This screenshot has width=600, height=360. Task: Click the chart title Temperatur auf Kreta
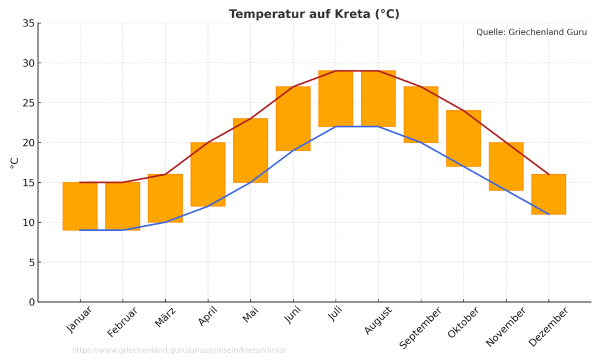coord(314,14)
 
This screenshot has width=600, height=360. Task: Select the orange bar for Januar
coord(80,206)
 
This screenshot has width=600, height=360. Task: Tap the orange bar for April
coord(208,174)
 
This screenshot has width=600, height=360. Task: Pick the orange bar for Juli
coord(336,99)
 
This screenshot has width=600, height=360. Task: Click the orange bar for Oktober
coord(463,138)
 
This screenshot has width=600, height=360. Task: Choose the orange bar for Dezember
coord(548,194)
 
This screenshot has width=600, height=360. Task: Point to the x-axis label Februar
coord(122,322)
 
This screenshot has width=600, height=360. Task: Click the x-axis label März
coord(166,318)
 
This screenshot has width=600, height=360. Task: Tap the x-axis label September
coord(420,328)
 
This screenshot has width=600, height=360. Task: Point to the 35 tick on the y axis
coord(29,23)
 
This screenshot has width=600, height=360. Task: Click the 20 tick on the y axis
coord(29,142)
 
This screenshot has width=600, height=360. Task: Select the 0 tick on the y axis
coord(32,302)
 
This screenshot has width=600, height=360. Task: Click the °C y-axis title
coord(15,162)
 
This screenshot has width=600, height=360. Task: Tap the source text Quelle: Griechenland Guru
coord(531,32)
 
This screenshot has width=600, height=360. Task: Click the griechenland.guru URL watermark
coord(179,351)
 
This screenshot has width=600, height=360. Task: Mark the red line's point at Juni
coord(293,87)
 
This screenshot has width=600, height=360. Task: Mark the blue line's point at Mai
coord(250,182)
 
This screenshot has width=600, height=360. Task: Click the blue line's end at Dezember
coord(548,214)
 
